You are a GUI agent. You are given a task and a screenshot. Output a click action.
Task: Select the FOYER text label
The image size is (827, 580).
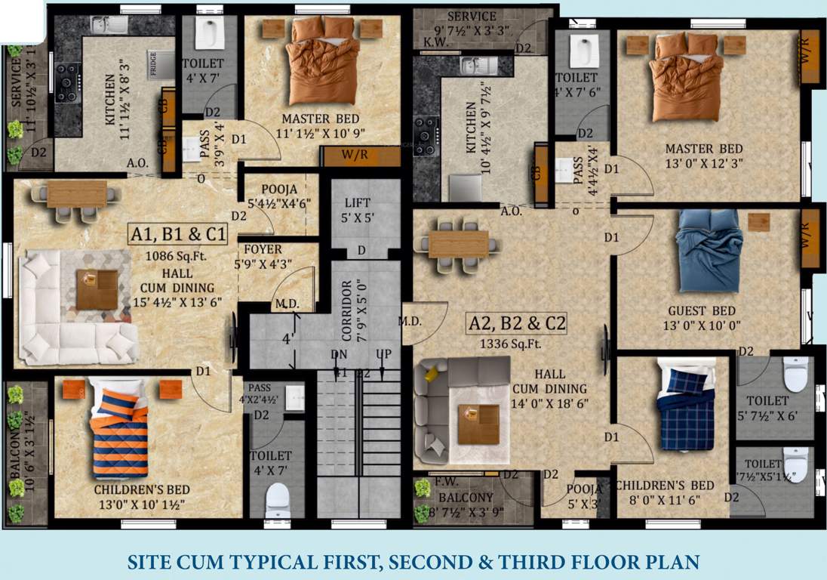(263, 249)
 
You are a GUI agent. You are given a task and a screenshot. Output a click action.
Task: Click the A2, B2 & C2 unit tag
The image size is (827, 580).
(518, 324)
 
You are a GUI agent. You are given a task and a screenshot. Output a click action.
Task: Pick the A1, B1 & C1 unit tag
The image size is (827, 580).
(178, 236)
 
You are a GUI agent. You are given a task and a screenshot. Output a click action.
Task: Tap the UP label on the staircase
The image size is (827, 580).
(383, 355)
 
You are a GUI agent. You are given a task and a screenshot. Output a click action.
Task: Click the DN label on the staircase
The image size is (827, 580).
(338, 355)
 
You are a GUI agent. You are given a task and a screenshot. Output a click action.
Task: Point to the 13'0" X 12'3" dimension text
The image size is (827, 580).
(703, 163)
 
